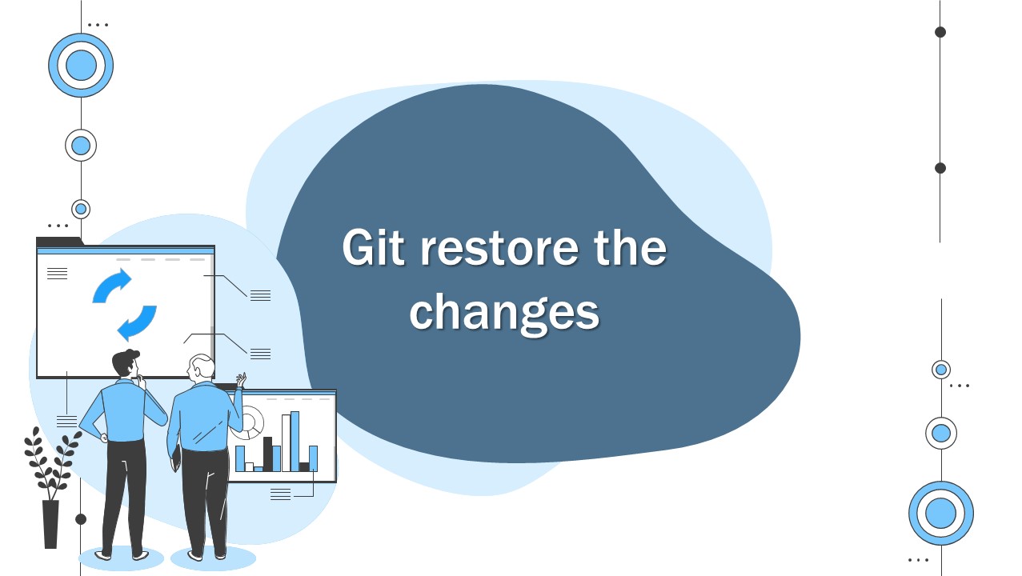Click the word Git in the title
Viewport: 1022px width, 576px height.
(374, 248)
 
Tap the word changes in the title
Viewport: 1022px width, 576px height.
(504, 313)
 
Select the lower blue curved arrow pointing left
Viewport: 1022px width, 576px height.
(138, 322)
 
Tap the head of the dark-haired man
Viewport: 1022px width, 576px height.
(126, 364)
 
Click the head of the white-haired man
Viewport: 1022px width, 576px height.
(202, 368)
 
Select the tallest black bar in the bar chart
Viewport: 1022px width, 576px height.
(268, 454)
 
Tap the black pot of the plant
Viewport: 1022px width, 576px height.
(50, 524)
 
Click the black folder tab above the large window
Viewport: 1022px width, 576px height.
(58, 241)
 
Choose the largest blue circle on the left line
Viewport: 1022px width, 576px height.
(81, 66)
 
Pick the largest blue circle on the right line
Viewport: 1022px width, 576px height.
(941, 514)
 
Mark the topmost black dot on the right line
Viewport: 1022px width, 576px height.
(940, 32)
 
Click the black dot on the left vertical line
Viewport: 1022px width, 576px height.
(81, 519)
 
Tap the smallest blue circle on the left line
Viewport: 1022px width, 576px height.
(81, 209)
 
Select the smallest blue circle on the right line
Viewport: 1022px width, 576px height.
(941, 370)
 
